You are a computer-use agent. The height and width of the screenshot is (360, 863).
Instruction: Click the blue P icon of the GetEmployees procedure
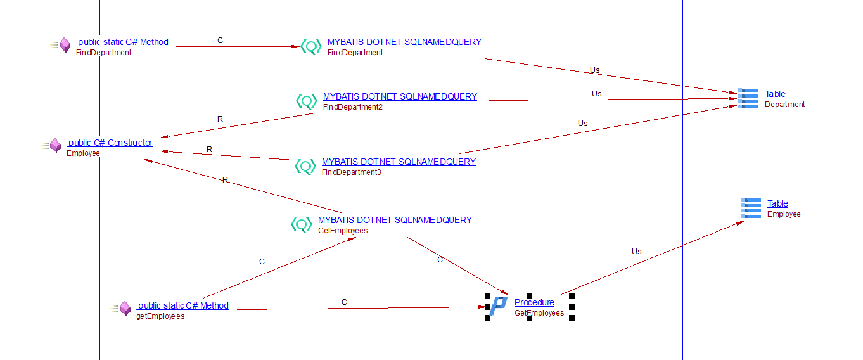tap(499, 306)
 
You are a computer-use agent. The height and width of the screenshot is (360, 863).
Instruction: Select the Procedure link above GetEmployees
tap(534, 302)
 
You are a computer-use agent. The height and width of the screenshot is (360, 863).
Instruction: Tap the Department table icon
tap(748, 99)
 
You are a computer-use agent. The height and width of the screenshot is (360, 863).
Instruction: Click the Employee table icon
tap(751, 209)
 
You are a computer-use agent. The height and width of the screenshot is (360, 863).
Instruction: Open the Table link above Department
tap(775, 94)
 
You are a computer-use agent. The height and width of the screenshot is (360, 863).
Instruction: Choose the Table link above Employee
tap(777, 203)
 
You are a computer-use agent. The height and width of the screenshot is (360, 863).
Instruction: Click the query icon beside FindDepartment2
tap(307, 101)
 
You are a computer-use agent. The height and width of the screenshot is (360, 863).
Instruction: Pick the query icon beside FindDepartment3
tap(305, 166)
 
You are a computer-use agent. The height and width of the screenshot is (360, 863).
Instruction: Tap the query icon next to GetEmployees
tap(302, 225)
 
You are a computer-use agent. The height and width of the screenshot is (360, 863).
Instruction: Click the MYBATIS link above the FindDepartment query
tap(404, 42)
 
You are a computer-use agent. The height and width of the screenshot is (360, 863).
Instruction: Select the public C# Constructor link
tap(110, 143)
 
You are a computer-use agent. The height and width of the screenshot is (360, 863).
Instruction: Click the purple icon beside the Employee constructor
tap(54, 146)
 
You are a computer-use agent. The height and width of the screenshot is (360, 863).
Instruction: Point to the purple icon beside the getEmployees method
tap(124, 309)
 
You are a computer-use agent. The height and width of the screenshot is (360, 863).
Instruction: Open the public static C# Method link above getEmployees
tap(182, 305)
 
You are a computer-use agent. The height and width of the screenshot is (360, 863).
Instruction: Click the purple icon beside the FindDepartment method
tap(64, 46)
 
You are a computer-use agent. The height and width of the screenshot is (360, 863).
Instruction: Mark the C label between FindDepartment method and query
tap(221, 41)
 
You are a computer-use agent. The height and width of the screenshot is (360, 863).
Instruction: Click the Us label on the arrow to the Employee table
tap(636, 252)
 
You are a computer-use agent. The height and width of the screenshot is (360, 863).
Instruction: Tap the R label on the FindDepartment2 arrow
tap(220, 119)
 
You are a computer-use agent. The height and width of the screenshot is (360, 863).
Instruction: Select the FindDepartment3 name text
tap(352, 172)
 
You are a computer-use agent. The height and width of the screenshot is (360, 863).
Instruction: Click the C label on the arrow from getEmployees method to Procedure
tap(344, 302)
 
